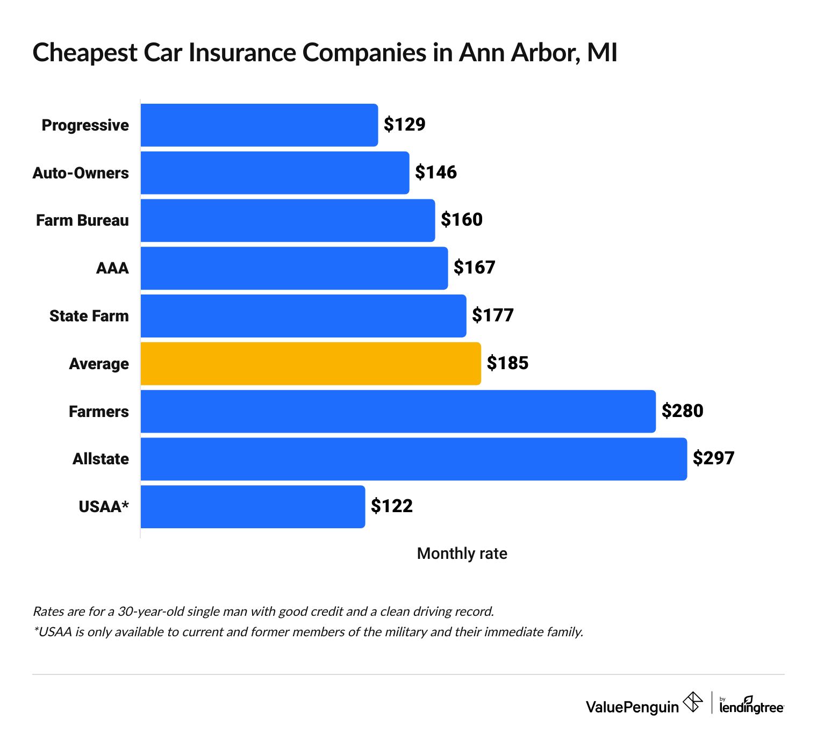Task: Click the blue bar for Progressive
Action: (259, 125)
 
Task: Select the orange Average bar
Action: (311, 363)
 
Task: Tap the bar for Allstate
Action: (413, 459)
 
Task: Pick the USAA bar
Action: (253, 507)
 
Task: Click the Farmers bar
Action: (398, 411)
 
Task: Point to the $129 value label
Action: (404, 125)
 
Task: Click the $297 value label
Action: (713, 458)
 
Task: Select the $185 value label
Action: (507, 363)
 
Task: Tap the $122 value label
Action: (392, 506)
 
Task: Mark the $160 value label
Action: (462, 220)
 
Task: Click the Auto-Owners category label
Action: (81, 173)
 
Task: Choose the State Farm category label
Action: (89, 316)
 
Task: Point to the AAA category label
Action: (112, 268)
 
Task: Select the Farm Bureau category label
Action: (82, 221)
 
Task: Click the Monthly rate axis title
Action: (462, 554)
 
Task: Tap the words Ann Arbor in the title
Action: (519, 53)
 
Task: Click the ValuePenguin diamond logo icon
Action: (692, 702)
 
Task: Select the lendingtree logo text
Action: (751, 707)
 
